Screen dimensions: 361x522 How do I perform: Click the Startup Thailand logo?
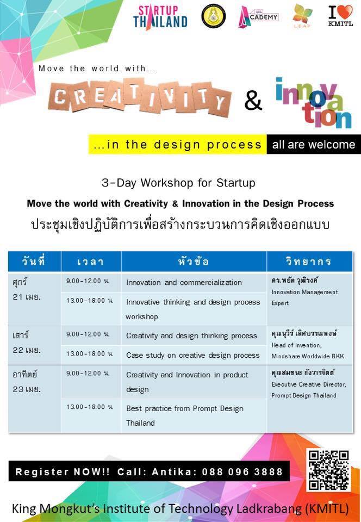pyautogui.click(x=160, y=17)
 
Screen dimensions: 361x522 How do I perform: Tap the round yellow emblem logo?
pyautogui.click(x=214, y=16)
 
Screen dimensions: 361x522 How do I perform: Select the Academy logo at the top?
pyautogui.click(x=258, y=17)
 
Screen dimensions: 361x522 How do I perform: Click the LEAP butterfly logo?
pyautogui.click(x=302, y=16)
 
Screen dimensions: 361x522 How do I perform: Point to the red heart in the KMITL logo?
pyautogui.click(x=346, y=11)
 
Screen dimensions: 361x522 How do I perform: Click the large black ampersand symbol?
pyautogui.click(x=253, y=101)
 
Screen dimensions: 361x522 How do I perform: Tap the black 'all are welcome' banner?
pyautogui.click(x=314, y=145)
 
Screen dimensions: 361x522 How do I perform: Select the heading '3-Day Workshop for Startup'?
pyautogui.click(x=179, y=183)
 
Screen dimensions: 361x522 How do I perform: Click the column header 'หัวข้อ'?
pyautogui.click(x=194, y=262)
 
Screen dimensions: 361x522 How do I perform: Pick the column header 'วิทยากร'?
pyautogui.click(x=309, y=262)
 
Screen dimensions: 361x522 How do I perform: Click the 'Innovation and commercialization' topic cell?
pyautogui.click(x=184, y=282)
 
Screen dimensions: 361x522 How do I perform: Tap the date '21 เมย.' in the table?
pyautogui.click(x=27, y=297)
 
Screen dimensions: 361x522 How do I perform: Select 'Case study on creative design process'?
pyautogui.click(x=192, y=355)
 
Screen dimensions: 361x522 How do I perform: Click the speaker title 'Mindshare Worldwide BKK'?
pyautogui.click(x=308, y=356)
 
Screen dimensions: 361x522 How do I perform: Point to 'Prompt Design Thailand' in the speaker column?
pyautogui.click(x=304, y=395)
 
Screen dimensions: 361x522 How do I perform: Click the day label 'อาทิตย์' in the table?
pyautogui.click(x=25, y=374)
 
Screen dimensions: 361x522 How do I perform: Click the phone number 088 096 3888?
pyautogui.click(x=242, y=471)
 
